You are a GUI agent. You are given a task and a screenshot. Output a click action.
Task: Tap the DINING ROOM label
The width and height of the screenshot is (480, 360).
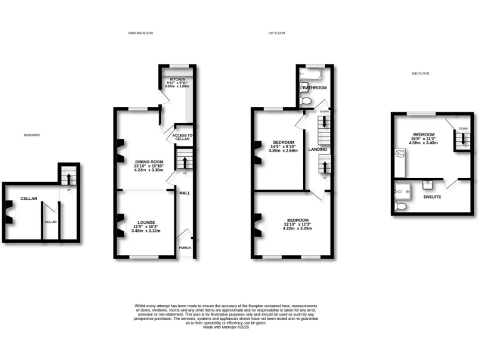(x=149, y=162)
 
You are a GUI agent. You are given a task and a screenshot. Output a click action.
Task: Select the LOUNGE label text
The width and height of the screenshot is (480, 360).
(x=146, y=221)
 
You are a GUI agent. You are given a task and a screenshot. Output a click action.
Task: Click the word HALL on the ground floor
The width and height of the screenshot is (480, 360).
(x=185, y=192)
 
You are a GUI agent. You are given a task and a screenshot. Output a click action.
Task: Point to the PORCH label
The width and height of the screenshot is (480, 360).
(x=185, y=247)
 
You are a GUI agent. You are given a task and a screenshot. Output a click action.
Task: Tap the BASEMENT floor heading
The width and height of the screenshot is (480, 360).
(x=32, y=136)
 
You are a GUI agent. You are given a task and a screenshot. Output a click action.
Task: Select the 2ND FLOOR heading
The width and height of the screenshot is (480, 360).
(x=419, y=74)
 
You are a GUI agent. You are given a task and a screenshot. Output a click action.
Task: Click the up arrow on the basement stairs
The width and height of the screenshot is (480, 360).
(x=68, y=176)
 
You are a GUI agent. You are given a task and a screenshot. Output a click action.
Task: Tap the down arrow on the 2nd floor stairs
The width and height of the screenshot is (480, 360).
(x=462, y=138)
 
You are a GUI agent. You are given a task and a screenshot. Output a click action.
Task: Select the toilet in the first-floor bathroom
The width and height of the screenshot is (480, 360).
(x=306, y=100)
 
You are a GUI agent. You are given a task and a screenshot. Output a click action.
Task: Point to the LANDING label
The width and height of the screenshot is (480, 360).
(x=317, y=150)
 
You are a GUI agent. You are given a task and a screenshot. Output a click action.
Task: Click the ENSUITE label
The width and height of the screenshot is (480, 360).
(x=432, y=197)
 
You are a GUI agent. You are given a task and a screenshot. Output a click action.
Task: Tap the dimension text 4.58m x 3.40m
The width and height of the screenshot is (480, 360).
(x=423, y=142)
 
